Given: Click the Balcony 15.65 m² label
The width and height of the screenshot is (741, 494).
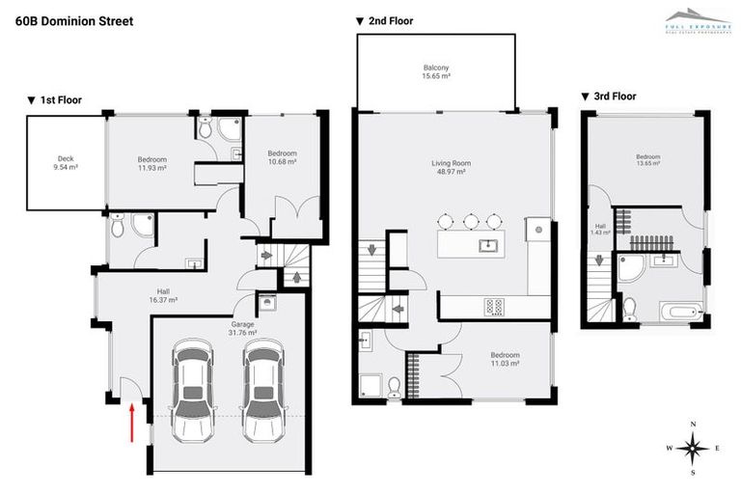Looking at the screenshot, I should coord(436,70).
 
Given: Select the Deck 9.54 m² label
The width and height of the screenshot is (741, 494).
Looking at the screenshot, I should coord(66,163).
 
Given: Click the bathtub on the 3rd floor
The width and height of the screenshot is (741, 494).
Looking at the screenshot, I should coord(681,311).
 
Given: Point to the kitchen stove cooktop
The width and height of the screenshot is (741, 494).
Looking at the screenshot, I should coord(494,307).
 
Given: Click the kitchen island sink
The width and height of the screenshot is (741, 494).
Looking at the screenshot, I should coord(488,244).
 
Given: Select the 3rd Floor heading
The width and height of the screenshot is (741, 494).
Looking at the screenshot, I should coord(610,96).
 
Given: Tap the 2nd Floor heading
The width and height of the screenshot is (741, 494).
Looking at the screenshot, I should coord(385,20).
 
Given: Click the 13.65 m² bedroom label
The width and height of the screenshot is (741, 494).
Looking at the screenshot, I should coord(647,160).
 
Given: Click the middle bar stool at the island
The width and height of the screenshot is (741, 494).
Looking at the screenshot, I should coord(471,220).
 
